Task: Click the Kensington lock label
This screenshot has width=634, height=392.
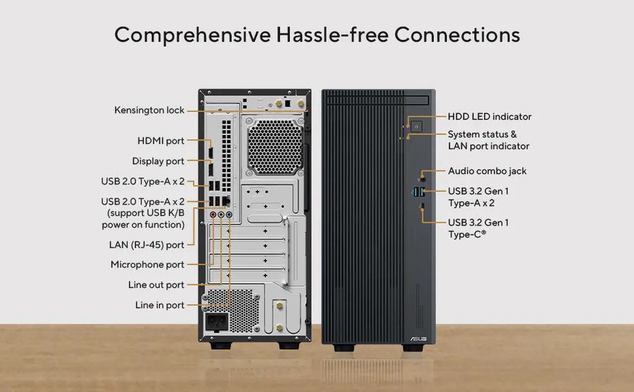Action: tap(149, 110)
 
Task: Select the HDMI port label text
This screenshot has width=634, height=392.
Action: tap(161, 141)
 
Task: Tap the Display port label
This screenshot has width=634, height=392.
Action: tap(158, 161)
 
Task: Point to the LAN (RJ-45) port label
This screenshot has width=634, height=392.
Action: tap(147, 245)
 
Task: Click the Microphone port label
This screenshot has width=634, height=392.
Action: tap(148, 265)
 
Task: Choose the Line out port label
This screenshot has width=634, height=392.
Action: tap(156, 284)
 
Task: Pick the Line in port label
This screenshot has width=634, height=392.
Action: tap(159, 305)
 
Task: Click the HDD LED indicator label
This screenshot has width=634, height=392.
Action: tap(490, 116)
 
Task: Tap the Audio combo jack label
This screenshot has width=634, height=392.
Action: tap(487, 171)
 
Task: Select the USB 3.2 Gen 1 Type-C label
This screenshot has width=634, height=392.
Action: tap(478, 228)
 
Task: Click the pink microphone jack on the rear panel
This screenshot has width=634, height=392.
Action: tap(213, 215)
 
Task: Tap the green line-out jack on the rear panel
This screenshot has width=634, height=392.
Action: tap(221, 215)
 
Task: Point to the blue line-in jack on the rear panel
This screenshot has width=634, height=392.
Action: tap(229, 215)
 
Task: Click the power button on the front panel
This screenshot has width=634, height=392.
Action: tap(417, 126)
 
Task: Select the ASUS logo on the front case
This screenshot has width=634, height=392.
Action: tap(419, 339)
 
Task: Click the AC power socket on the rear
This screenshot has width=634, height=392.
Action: tap(217, 322)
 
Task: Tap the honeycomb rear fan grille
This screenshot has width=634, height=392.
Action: tap(275, 147)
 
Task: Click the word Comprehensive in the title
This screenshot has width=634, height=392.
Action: tap(193, 35)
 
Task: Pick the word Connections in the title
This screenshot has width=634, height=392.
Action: tap(457, 35)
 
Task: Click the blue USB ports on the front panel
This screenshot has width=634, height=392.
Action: tap(420, 192)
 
